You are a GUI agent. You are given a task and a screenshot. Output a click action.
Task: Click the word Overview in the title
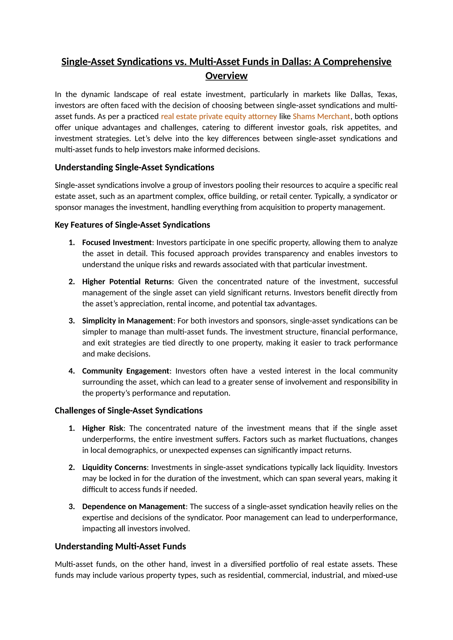coord(226,76)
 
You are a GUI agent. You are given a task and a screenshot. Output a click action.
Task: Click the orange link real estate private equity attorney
coord(219,116)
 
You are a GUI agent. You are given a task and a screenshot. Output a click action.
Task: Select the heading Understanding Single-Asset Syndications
coord(134,167)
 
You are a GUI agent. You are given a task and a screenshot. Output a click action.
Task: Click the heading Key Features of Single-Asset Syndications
coord(132,225)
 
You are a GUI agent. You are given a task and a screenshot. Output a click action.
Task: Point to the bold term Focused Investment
coord(117,242)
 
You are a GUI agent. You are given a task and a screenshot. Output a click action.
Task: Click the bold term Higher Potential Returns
coord(127,282)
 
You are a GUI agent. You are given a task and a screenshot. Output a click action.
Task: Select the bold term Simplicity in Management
coord(127,321)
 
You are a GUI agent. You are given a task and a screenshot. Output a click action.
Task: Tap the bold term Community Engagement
coord(125,371)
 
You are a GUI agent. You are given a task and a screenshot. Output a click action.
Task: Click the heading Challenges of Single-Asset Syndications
coord(129,411)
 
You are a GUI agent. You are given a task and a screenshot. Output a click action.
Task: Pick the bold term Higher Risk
coord(102,428)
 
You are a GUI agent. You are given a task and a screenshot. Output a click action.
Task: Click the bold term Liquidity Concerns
coord(114,467)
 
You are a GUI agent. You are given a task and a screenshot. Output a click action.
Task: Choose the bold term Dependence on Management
coord(134,506)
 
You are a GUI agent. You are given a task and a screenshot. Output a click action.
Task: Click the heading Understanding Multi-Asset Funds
coord(120,546)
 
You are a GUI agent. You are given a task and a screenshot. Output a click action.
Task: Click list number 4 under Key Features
coord(72,371)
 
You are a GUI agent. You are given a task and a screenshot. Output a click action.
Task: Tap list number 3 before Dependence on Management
coord(72,507)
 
